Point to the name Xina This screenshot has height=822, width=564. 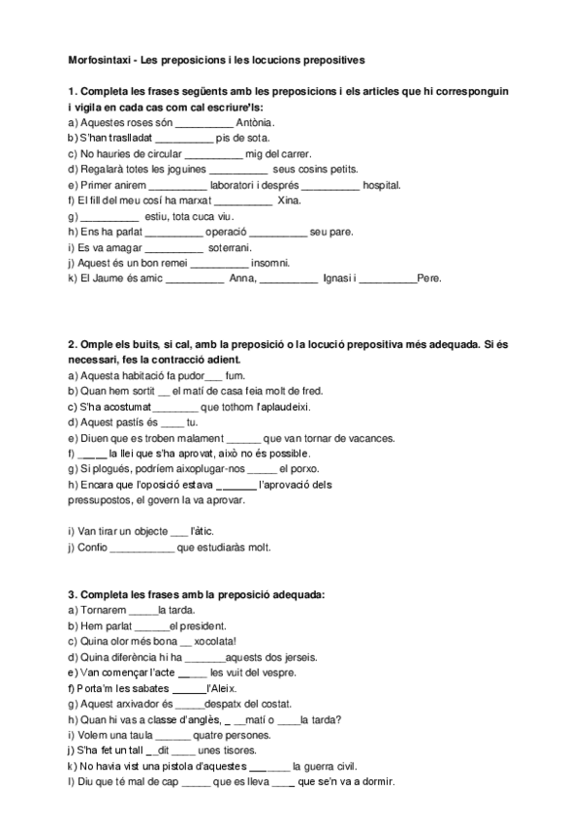coord(289,200)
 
